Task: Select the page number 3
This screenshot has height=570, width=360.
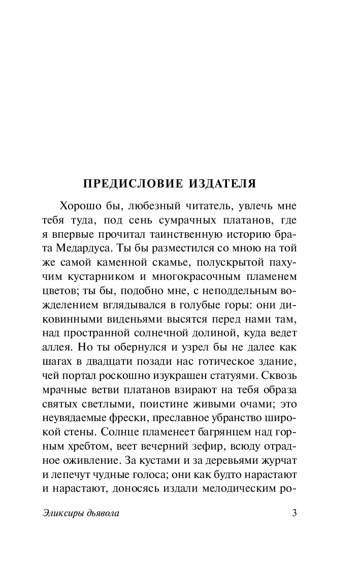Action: click(x=294, y=513)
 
